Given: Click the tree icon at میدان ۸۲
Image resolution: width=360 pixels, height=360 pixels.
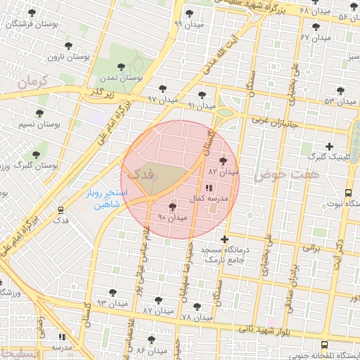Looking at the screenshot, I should coord(224,161).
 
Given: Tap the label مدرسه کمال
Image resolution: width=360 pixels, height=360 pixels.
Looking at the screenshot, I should coord(212,199).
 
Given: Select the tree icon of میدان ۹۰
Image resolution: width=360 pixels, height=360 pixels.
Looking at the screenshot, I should coord(173,207).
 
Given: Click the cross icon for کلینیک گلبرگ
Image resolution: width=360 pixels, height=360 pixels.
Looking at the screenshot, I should coord(329,146).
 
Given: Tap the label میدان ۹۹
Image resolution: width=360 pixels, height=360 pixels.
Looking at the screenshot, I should coord(188,23).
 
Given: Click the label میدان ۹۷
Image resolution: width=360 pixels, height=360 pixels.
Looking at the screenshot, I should coord(162,99).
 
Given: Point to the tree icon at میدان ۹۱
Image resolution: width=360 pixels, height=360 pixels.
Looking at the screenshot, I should coord(202,94).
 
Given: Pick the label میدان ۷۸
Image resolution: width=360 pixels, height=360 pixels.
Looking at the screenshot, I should coord(196,317).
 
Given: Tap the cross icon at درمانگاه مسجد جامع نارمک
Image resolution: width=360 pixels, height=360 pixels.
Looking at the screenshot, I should coord(225,239).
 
